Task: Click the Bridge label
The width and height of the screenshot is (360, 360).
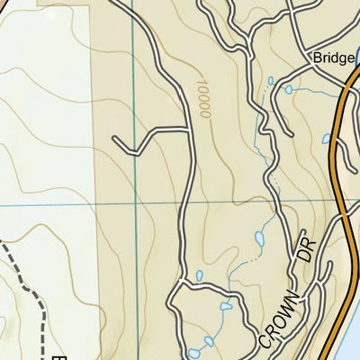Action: click(x=332, y=58)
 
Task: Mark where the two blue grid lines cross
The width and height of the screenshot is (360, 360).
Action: click(x=134, y=206)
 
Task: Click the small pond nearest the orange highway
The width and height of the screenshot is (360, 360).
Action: click(x=326, y=139)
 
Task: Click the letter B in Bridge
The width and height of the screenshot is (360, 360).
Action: click(x=318, y=58)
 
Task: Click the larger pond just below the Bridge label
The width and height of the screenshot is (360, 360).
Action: click(x=289, y=89)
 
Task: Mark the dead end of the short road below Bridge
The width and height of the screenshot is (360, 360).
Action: click(x=270, y=83)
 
